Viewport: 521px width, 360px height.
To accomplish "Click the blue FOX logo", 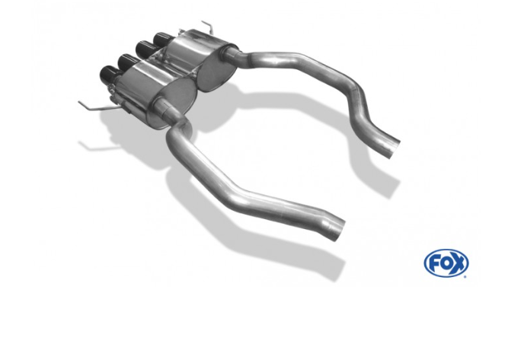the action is [446, 263].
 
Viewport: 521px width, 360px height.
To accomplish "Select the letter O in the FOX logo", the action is [446, 263].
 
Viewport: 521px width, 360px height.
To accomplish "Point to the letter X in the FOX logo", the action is [458, 263].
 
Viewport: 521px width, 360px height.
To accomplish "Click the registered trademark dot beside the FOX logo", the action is [465, 276].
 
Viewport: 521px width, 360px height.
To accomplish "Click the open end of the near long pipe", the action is [339, 230].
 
